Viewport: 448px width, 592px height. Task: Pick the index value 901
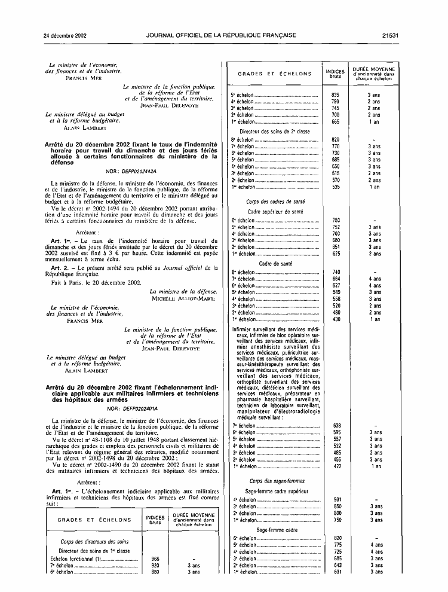(336, 499)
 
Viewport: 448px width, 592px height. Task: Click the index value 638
(336, 425)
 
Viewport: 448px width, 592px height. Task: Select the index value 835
(336, 95)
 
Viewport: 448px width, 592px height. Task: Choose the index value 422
(336, 466)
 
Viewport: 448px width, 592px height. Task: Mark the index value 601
(336, 572)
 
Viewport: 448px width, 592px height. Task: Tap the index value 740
(336, 271)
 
